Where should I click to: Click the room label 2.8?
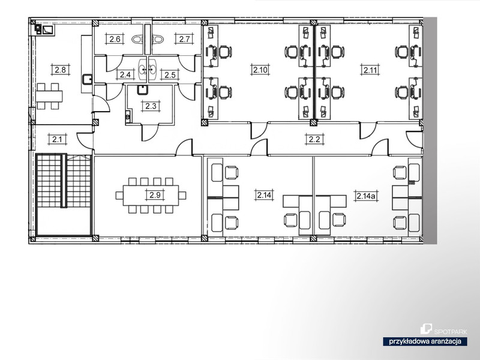coord(61,70)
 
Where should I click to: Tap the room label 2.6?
coord(115,39)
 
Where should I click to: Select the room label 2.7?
coord(185,39)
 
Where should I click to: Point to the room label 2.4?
coord(125,74)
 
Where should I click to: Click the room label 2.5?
coord(170,74)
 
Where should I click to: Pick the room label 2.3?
coord(151,106)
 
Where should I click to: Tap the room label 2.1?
coord(57,140)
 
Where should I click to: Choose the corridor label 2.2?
coord(314,139)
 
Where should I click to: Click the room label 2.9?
coord(155,194)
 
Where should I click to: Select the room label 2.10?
coord(260,70)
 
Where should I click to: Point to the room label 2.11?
coord(370,70)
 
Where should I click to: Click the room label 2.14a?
coord(365,196)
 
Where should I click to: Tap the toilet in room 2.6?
coord(138,39)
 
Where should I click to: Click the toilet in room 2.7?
coord(158,39)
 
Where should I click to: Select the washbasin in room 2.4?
coord(143,69)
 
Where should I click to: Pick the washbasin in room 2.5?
coord(152,69)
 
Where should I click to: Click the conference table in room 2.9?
coord(151,196)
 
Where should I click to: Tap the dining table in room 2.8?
coord(49,96)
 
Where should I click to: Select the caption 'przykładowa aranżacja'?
coord(425,341)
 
